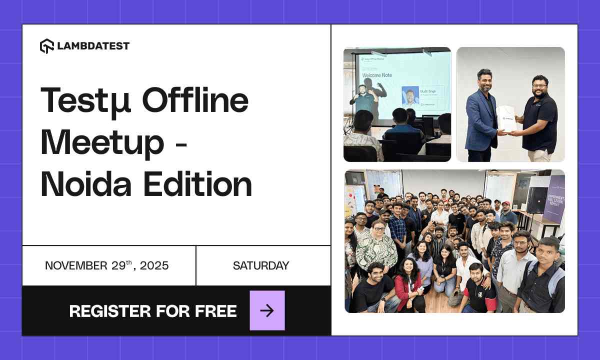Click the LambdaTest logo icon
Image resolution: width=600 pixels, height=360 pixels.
coord(46,46)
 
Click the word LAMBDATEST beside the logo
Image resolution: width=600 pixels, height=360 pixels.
coord(93,46)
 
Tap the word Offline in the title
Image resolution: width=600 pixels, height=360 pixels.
coord(195,99)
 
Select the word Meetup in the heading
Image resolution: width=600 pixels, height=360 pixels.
coord(102,142)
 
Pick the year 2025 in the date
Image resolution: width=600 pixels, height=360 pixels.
coord(154,265)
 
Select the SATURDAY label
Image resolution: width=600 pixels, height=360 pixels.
coord(260,265)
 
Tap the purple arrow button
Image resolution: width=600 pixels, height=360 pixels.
coord(267,310)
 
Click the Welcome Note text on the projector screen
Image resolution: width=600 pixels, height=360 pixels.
coord(377,75)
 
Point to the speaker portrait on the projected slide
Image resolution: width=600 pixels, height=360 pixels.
coord(410,96)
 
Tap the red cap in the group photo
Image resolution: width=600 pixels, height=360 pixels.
coord(506,204)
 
